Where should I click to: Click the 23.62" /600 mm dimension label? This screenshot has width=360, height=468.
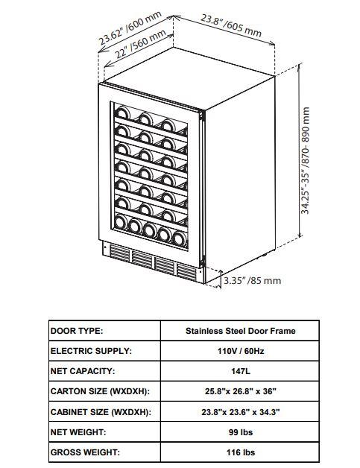[x=130, y=28]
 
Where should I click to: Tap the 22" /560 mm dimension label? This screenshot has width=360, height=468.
[x=140, y=44]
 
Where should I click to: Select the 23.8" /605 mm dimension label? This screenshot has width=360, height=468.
[x=231, y=25]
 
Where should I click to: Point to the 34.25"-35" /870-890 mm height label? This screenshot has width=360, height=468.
[x=305, y=160]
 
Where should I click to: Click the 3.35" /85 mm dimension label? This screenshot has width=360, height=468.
[x=253, y=280]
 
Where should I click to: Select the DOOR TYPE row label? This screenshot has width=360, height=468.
[x=77, y=331]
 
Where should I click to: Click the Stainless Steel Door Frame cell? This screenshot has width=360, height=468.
[x=240, y=331]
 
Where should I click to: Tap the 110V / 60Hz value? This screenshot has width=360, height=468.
[x=241, y=351]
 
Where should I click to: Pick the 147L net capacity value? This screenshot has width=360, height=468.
[x=241, y=371]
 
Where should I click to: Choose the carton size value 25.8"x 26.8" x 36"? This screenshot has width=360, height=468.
[x=241, y=391]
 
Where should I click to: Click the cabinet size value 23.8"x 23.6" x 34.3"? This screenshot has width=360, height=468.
[x=241, y=412]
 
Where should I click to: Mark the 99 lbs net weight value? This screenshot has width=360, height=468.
[x=241, y=432]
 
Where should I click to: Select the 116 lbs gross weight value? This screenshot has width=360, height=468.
[x=241, y=452]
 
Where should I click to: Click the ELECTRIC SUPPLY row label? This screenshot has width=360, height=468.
[x=91, y=351]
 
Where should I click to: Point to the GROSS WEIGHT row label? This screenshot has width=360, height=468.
[x=85, y=452]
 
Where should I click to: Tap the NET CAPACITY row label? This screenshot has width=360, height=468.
[x=83, y=371]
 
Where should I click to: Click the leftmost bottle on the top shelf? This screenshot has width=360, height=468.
[x=122, y=113]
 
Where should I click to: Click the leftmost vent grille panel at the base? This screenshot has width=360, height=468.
[x=120, y=253]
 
